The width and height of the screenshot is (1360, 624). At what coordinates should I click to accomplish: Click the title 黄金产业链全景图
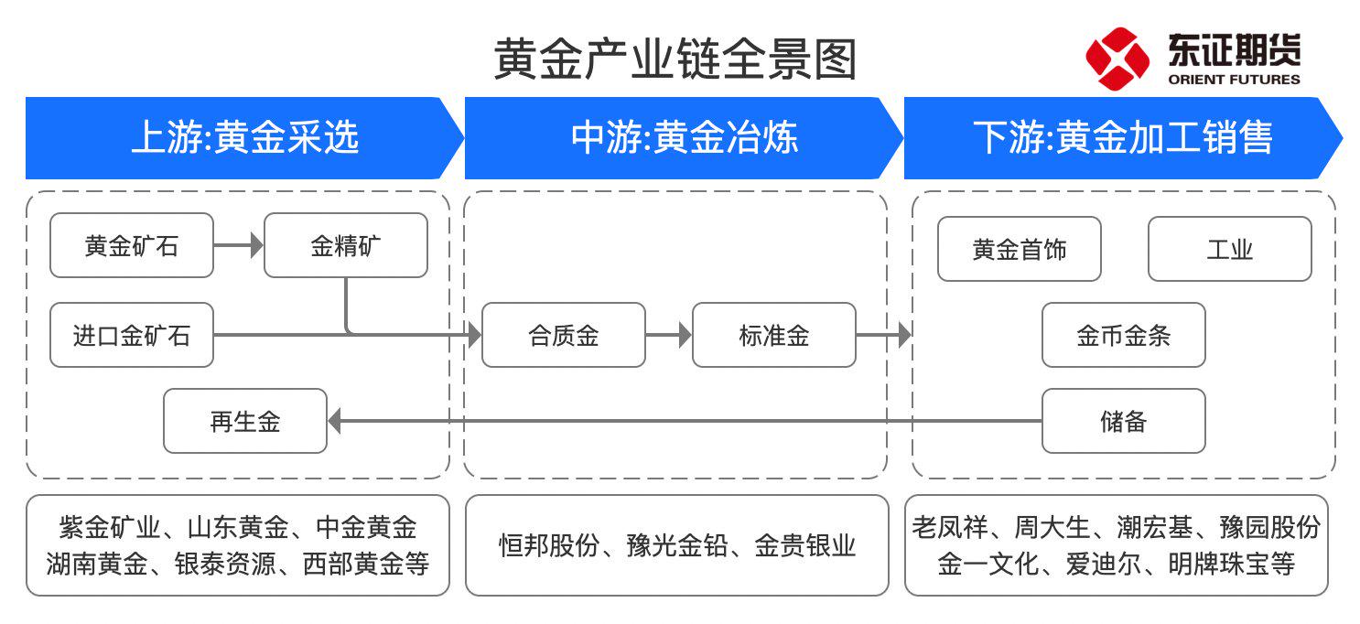pyautogui.click(x=675, y=60)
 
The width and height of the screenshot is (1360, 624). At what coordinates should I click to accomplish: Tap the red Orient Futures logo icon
pyautogui.click(x=1117, y=59)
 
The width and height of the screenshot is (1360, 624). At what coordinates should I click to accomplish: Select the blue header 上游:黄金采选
pyautogui.click(x=244, y=138)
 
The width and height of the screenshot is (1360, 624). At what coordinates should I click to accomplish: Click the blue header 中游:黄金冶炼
pyautogui.click(x=684, y=138)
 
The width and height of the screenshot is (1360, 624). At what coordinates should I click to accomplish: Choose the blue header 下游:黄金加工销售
pyautogui.click(x=1122, y=138)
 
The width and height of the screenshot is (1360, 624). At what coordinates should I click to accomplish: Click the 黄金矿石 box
pyautogui.click(x=132, y=245)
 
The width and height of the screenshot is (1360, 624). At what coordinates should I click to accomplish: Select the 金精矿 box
pyautogui.click(x=346, y=245)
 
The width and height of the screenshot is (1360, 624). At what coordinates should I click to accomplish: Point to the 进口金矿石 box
pyautogui.click(x=132, y=335)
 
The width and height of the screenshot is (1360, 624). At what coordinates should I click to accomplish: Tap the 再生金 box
pyautogui.click(x=245, y=421)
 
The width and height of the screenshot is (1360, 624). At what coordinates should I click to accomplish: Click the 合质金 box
pyautogui.click(x=564, y=335)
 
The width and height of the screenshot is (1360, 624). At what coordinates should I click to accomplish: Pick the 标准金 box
pyautogui.click(x=774, y=335)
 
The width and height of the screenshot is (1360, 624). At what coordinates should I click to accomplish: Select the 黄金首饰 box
pyautogui.click(x=1020, y=249)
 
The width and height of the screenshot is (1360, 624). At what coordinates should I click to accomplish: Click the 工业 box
pyautogui.click(x=1230, y=249)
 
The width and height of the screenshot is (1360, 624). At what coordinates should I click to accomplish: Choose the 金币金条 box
pyautogui.click(x=1124, y=335)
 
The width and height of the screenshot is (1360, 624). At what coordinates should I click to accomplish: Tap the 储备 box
pyautogui.click(x=1124, y=421)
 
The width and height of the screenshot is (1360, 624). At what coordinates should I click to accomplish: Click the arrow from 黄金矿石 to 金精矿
pyautogui.click(x=238, y=245)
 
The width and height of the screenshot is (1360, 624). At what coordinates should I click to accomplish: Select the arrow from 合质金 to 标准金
pyautogui.click(x=669, y=335)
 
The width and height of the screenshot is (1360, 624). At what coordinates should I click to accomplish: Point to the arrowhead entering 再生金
pyautogui.click(x=335, y=421)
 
